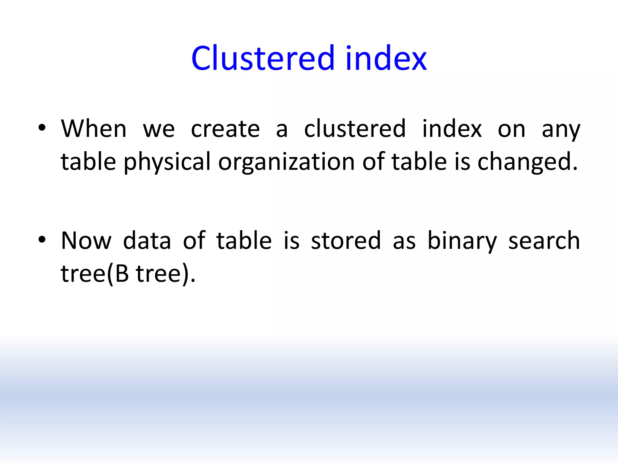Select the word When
pos(94,129)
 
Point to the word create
pos(225,129)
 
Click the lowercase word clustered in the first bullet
pos(355,129)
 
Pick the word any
pos(561,130)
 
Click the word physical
pos(167,162)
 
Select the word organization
pos(286,162)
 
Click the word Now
pos(86,241)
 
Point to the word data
pos(147,241)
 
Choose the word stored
pos(346,241)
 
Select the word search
pos(544,241)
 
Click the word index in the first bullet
pos(452,129)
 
